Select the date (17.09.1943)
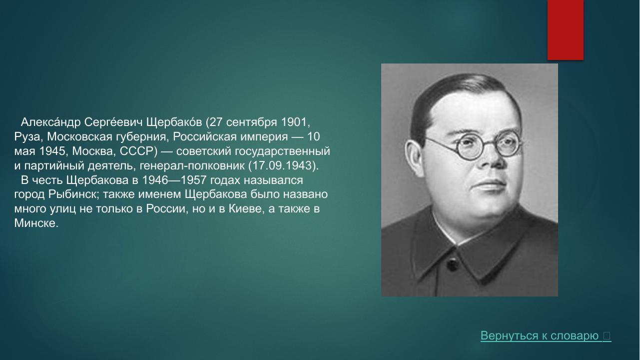[283, 166]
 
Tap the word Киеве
[245, 209]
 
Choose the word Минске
[36, 223]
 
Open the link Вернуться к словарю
[540, 336]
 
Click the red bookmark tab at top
[565, 30]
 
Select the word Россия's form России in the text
[166, 209]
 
